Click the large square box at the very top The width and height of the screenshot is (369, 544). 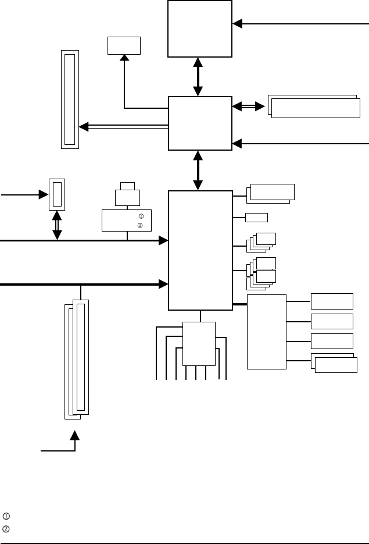(x=199, y=29)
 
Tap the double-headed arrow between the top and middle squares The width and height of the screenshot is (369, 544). (x=198, y=76)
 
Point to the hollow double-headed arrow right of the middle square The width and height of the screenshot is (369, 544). (x=249, y=106)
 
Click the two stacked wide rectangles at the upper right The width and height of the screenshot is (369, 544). (x=314, y=106)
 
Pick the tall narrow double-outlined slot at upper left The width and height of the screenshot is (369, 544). (x=70, y=99)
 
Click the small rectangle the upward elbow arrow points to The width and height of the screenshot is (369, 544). (x=124, y=45)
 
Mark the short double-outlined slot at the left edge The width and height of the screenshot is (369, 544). (x=56, y=194)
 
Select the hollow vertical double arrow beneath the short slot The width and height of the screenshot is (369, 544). (x=57, y=225)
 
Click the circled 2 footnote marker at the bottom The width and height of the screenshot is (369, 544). (x=6, y=525)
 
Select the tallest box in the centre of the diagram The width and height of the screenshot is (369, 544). (x=200, y=250)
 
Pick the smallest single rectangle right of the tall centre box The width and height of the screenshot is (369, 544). (x=256, y=218)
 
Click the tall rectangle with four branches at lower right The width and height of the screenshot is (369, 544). (x=267, y=332)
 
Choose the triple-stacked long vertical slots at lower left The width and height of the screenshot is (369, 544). (x=77, y=358)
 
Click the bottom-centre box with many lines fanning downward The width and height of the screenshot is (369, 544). (x=199, y=343)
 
